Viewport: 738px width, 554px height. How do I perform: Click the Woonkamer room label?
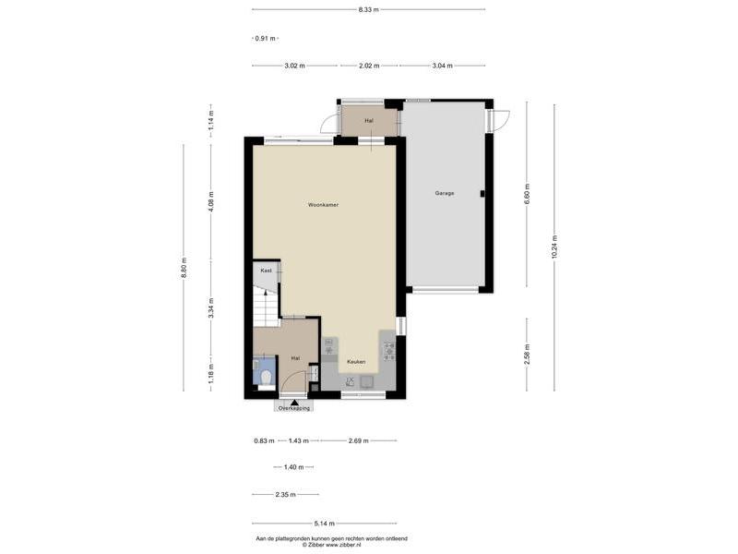click(324, 205)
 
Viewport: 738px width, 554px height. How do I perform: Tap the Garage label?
click(445, 193)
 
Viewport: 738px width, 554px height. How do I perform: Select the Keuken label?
click(356, 362)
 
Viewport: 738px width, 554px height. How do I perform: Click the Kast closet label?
click(267, 271)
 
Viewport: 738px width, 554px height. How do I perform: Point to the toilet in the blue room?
click(267, 378)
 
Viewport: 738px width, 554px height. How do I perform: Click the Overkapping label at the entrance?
click(294, 408)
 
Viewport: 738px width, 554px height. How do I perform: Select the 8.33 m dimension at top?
click(368, 9)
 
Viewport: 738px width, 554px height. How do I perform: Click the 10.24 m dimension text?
click(554, 247)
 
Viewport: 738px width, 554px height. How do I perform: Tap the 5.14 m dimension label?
click(325, 523)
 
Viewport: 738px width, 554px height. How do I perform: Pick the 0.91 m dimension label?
click(265, 39)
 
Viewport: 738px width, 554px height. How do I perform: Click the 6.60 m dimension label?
click(527, 193)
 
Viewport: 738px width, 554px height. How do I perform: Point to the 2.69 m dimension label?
click(359, 441)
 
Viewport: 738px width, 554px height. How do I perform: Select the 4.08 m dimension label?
click(211, 201)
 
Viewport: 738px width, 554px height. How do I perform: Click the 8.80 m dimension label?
click(184, 268)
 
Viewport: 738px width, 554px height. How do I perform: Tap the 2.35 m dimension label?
click(285, 495)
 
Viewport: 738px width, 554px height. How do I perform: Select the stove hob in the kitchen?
click(389, 352)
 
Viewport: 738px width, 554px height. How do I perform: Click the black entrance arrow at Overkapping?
click(294, 403)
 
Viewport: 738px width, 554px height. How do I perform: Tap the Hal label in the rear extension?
click(369, 121)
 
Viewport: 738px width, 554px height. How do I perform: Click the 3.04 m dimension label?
click(443, 66)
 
